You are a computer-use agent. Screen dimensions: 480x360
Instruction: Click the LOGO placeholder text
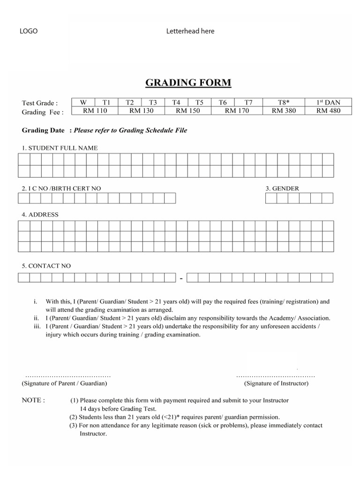click(x=28, y=31)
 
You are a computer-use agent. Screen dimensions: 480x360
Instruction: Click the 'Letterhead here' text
click(x=190, y=31)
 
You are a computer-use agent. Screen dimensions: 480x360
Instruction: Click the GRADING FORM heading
click(x=188, y=83)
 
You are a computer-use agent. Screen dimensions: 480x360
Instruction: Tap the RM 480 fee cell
click(x=328, y=111)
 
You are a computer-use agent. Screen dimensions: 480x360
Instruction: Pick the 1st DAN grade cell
click(x=328, y=102)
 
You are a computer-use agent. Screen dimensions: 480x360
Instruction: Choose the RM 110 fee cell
click(x=95, y=111)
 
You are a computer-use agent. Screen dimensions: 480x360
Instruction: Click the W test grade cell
click(x=83, y=102)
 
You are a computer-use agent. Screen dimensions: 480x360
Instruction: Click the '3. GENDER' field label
click(x=282, y=188)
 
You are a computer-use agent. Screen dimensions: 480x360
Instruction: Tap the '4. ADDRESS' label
click(x=40, y=215)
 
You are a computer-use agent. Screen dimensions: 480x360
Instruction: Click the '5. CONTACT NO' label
click(x=46, y=266)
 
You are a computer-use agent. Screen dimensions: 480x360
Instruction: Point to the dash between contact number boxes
click(x=181, y=279)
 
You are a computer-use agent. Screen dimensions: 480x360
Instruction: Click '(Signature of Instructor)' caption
click(x=276, y=383)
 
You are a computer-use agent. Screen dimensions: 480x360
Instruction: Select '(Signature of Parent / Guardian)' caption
click(x=65, y=383)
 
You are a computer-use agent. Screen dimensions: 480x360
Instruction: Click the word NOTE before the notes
click(x=33, y=401)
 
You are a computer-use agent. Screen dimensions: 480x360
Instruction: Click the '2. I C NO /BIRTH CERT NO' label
click(x=61, y=188)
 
